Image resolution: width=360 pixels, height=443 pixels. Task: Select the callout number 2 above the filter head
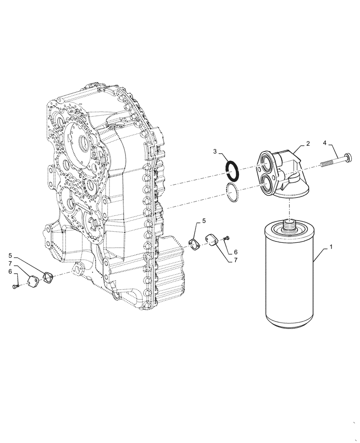pyautogui.click(x=308, y=144)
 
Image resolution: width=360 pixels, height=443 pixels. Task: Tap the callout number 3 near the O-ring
pyautogui.click(x=215, y=152)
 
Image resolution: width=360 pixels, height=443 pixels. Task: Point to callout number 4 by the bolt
pyautogui.click(x=325, y=143)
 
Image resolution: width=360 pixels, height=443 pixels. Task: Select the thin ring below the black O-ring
pyautogui.click(x=232, y=192)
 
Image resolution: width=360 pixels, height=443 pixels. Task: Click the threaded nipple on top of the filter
pyautogui.click(x=289, y=227)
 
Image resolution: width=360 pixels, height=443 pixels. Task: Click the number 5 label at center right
pyautogui.click(x=204, y=220)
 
